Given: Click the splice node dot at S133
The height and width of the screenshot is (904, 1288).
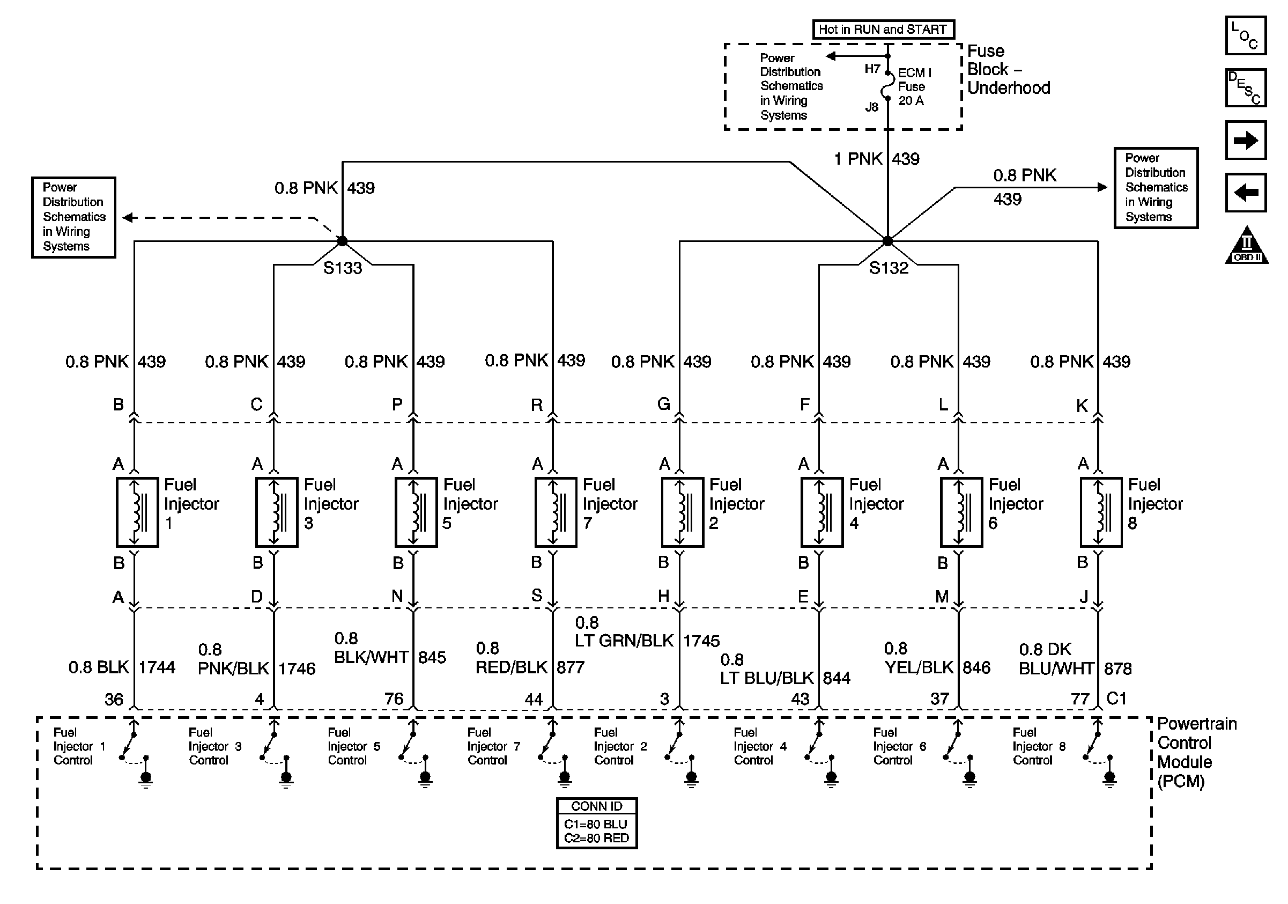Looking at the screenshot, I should pos(342,241).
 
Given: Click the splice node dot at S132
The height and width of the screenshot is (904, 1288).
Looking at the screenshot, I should pos(887,241).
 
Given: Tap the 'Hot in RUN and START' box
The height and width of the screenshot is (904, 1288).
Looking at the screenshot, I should pos(883,29).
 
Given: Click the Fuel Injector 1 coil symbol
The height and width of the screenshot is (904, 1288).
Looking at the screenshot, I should pos(137,512).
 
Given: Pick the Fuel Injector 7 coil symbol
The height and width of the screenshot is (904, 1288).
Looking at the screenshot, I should pos(556,512).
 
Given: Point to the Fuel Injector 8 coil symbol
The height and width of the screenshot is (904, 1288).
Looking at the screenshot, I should pos(1101,512).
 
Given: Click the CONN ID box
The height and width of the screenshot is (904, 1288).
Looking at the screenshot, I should pos(596,822).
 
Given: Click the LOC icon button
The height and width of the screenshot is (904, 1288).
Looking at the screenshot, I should pos(1245,35).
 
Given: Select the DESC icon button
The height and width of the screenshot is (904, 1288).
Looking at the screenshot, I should pos(1245,87).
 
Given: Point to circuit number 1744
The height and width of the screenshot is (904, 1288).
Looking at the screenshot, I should pos(157,667).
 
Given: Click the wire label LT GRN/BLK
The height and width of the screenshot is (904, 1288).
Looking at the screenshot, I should pos(624,641).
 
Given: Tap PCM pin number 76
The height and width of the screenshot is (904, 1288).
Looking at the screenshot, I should pos(394,699).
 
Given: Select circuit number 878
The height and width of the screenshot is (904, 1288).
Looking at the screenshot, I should pos(1117,668).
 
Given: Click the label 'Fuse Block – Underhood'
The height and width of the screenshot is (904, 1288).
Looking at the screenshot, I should pos(1008,70).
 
